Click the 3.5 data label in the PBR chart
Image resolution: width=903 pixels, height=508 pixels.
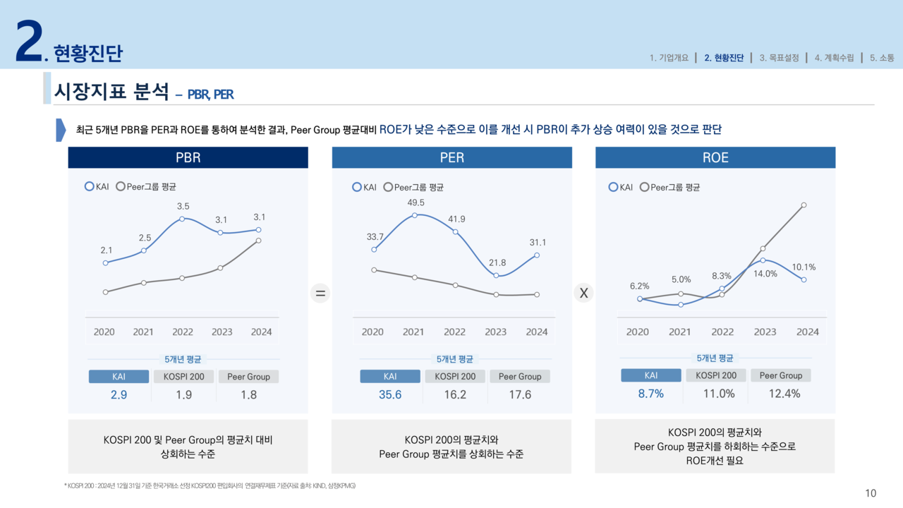[x=183, y=207]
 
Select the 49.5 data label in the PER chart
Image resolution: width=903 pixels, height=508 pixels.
[x=416, y=202]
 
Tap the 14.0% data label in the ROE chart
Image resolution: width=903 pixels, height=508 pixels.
[x=765, y=274]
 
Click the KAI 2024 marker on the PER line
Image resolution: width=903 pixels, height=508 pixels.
[x=538, y=255]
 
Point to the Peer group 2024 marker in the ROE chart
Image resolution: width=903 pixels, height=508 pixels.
[x=804, y=205]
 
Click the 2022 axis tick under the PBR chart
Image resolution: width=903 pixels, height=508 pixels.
[x=183, y=332]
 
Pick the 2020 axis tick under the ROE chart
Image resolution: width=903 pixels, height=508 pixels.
[x=637, y=332]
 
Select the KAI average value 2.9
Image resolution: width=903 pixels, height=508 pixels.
[x=119, y=395]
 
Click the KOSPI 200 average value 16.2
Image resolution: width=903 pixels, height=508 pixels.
[x=455, y=395]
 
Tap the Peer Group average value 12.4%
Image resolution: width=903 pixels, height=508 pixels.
[x=784, y=394]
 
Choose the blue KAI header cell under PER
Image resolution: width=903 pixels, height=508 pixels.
[x=390, y=377]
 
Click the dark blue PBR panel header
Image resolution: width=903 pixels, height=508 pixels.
[x=188, y=158]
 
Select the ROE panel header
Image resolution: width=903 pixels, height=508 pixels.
[x=715, y=158]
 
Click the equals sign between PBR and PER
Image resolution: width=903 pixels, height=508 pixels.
[x=320, y=294]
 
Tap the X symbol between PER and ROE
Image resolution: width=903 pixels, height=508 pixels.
[x=583, y=294]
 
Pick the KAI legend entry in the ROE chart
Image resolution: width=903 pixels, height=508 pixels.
[x=621, y=187]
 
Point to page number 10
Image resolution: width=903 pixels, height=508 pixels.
[x=871, y=493]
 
